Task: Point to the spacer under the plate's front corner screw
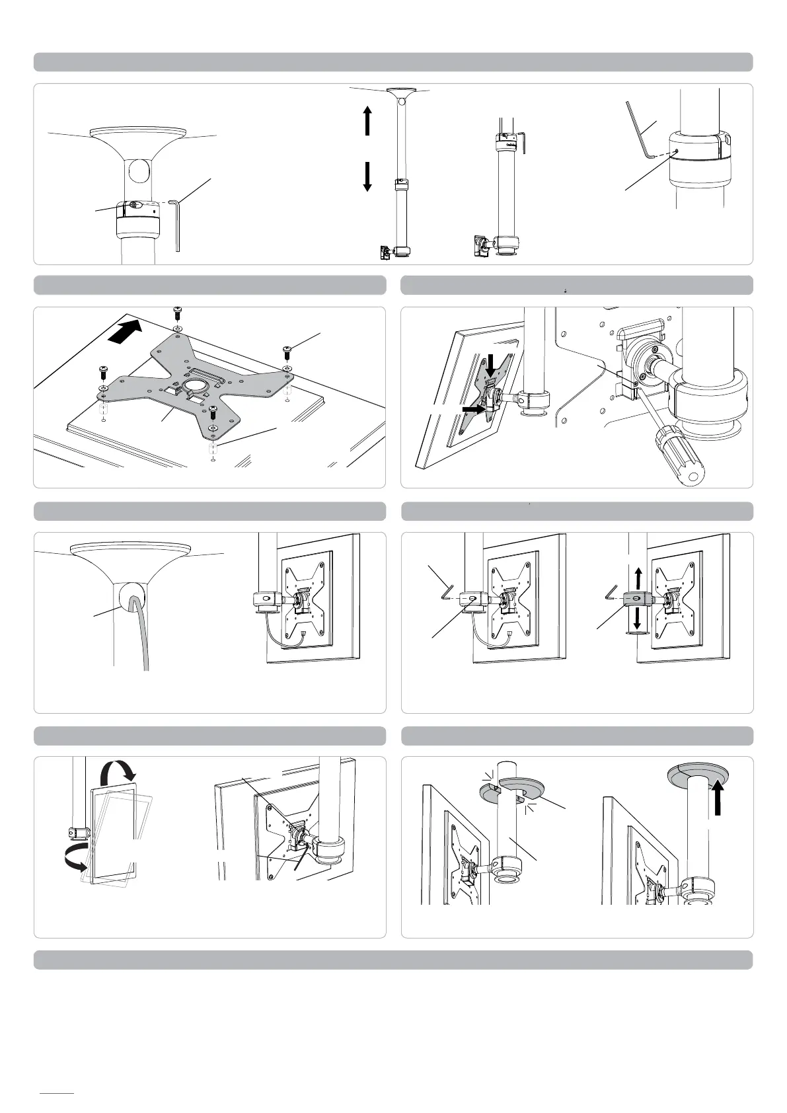click(213, 449)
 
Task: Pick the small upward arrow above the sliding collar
click(637, 576)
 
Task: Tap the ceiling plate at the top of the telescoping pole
click(401, 91)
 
